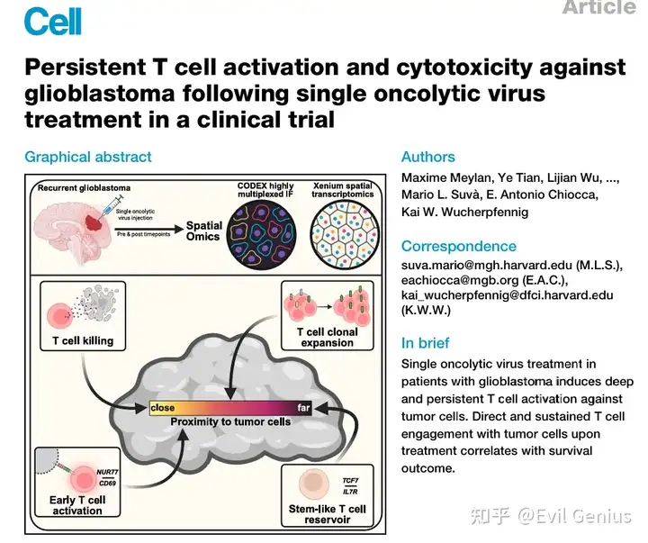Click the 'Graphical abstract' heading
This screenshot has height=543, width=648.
(88, 157)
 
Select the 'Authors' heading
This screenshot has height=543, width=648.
(428, 157)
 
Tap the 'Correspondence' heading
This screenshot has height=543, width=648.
(459, 246)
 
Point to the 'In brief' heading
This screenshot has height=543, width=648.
(426, 343)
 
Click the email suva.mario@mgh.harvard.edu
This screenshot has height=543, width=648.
(482, 266)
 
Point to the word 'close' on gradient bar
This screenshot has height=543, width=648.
(163, 408)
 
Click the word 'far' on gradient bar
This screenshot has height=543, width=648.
(304, 408)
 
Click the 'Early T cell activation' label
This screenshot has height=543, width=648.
(79, 505)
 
